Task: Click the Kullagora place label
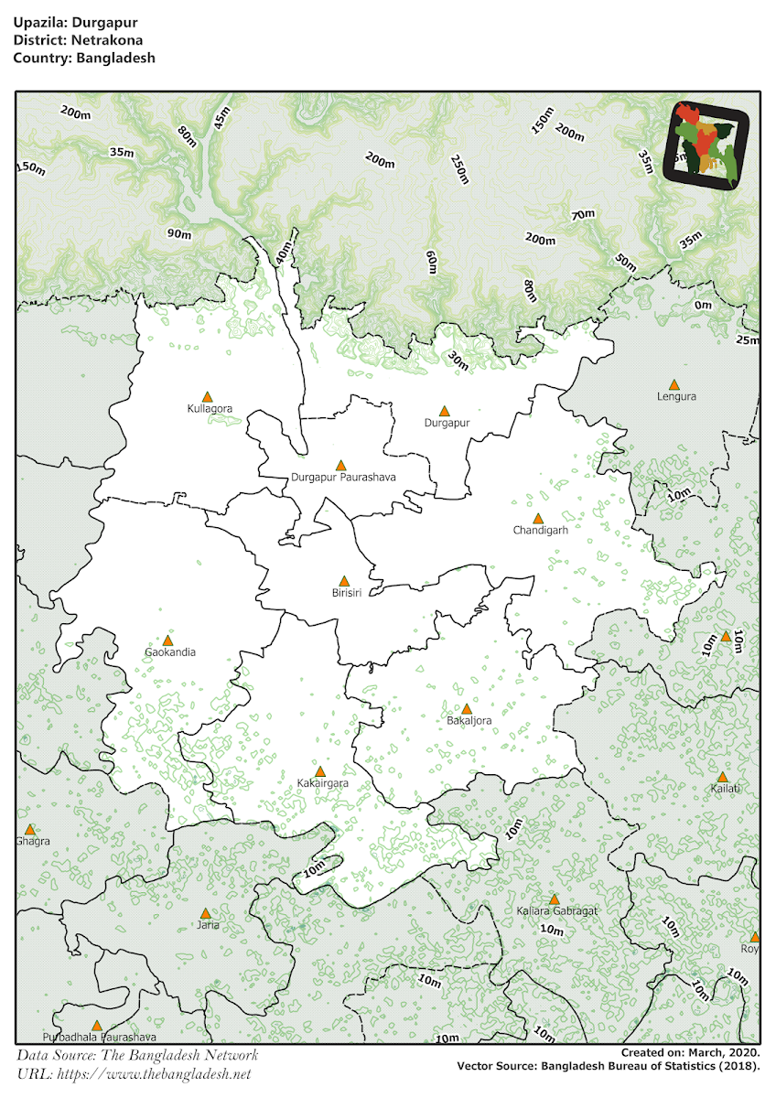pos(210,409)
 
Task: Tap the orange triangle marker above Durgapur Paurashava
pos(341,465)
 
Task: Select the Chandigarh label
pos(541,531)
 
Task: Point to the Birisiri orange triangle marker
pos(344,581)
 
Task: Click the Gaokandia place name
pos(170,653)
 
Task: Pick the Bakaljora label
pos(469,721)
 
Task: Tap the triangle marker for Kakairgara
pos(320,771)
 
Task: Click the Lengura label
pos(676,397)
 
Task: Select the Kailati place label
pos(725,789)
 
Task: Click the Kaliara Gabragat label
pos(556,912)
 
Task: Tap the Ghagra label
pos(32,841)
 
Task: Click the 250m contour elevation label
pos(459,168)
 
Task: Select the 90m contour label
pos(179,233)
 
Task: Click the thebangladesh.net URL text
pos(134,1073)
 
